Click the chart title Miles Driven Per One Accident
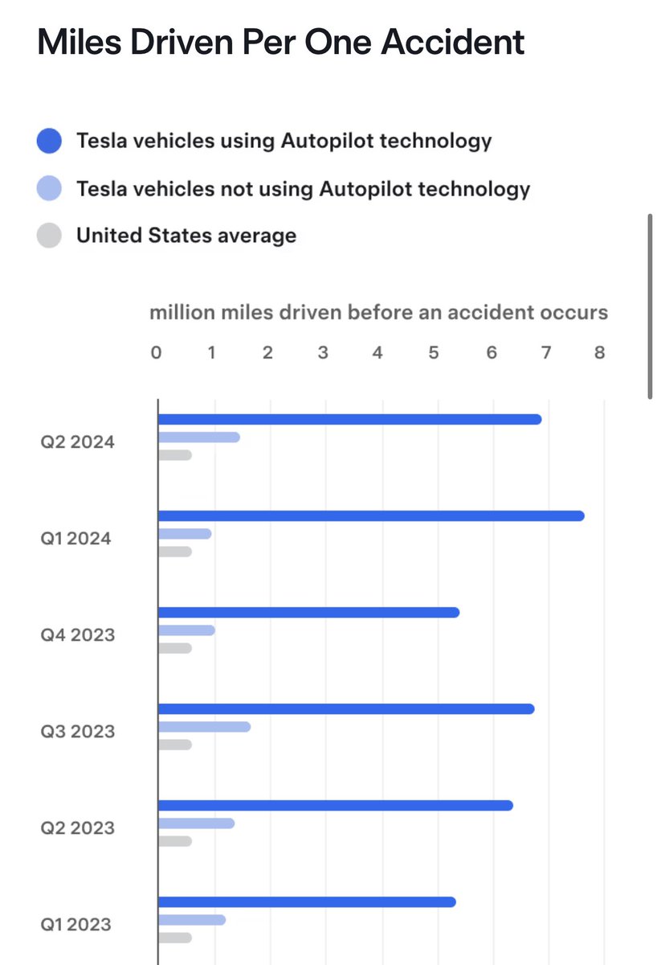coord(281,42)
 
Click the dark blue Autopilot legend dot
coord(50,142)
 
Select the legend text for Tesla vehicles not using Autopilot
coord(303,189)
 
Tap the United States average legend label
coord(186,236)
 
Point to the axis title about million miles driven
coord(378,313)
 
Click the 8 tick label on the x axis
coord(599,352)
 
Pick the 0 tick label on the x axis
coord(157,352)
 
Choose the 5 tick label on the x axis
coord(433,352)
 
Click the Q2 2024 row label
coord(78,441)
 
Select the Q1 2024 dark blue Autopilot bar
coord(371,515)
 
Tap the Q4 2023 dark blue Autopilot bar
coord(308,612)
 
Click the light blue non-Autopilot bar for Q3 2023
coord(204,727)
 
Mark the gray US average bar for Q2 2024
coord(175,455)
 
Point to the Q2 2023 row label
coord(78,827)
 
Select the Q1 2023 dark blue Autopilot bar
coord(307,901)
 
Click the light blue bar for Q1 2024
coord(185,534)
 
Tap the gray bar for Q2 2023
coord(175,841)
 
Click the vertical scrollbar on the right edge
coord(650,306)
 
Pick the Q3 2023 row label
coord(78,731)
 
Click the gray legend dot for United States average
coord(50,236)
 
